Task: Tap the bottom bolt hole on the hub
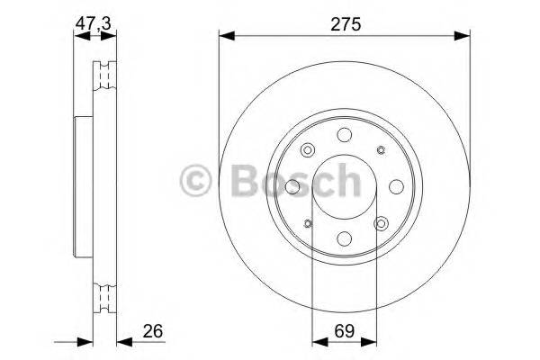tap(343, 239)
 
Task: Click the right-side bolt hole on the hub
tap(396, 186)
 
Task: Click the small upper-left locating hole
tap(307, 150)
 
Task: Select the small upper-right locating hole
tap(380, 150)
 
